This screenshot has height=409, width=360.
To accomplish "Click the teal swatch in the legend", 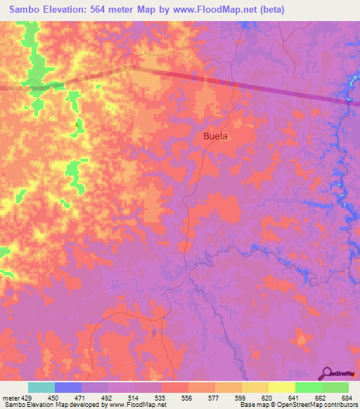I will click(x=41, y=387).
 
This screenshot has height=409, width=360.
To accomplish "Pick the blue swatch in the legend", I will click(x=67, y=387).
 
